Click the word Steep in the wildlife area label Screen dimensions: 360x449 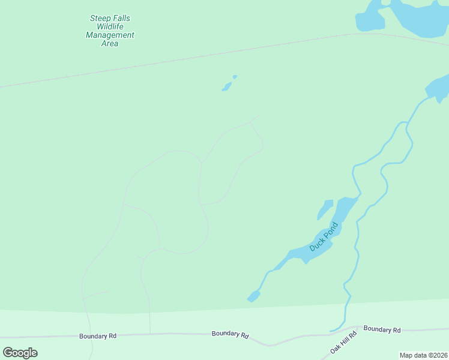pyautogui.click(x=100, y=18)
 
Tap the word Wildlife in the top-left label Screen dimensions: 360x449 pyautogui.click(x=110, y=26)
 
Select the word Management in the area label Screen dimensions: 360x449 pyautogui.click(x=110, y=35)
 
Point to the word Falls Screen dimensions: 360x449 pyautogui.click(x=121, y=18)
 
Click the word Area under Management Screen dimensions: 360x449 pyautogui.click(x=110, y=43)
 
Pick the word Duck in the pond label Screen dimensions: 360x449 pyautogui.click(x=316, y=244)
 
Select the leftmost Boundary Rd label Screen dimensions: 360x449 pyautogui.click(x=98, y=336)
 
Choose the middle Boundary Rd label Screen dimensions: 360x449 pyautogui.click(x=230, y=334)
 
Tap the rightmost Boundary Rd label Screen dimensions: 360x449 pyautogui.click(x=382, y=329)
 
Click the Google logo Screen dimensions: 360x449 pyautogui.click(x=20, y=352)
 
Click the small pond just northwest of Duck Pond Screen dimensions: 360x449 pyautogui.click(x=325, y=209)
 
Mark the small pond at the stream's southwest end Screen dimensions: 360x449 pyautogui.click(x=254, y=296)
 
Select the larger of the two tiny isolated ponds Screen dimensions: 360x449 pyautogui.click(x=226, y=87)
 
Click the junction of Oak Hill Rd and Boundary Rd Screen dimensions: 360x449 pyautogui.click(x=358, y=328)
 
